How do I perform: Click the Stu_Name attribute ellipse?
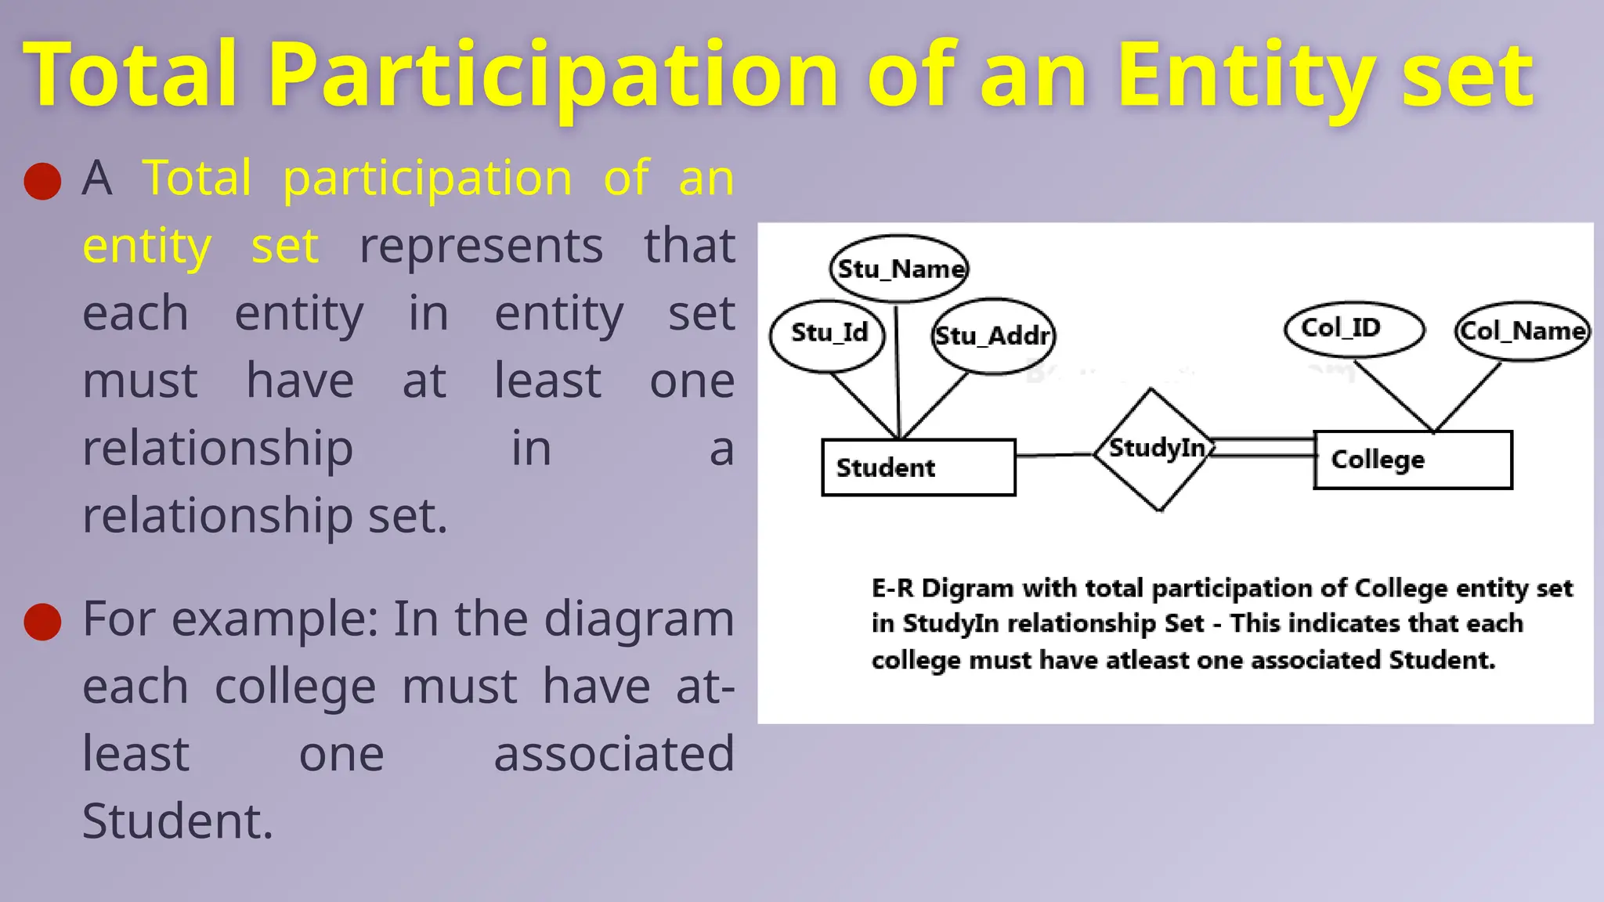pos(899,269)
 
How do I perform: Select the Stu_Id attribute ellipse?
pos(828,334)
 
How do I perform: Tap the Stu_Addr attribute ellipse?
pos(993,336)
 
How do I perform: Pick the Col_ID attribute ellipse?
pos(1354,329)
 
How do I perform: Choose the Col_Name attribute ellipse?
pos(1523,331)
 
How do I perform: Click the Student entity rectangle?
pos(918,467)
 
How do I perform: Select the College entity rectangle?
pos(1412,460)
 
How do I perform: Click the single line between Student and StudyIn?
pos(1054,455)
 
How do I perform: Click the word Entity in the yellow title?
pos(1245,76)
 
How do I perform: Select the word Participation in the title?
pos(554,76)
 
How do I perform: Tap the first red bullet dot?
pos(42,182)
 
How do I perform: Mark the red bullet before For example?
pos(42,622)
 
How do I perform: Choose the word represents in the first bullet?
pos(481,246)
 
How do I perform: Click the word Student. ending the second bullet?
pos(178,821)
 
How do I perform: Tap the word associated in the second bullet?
pos(613,754)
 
